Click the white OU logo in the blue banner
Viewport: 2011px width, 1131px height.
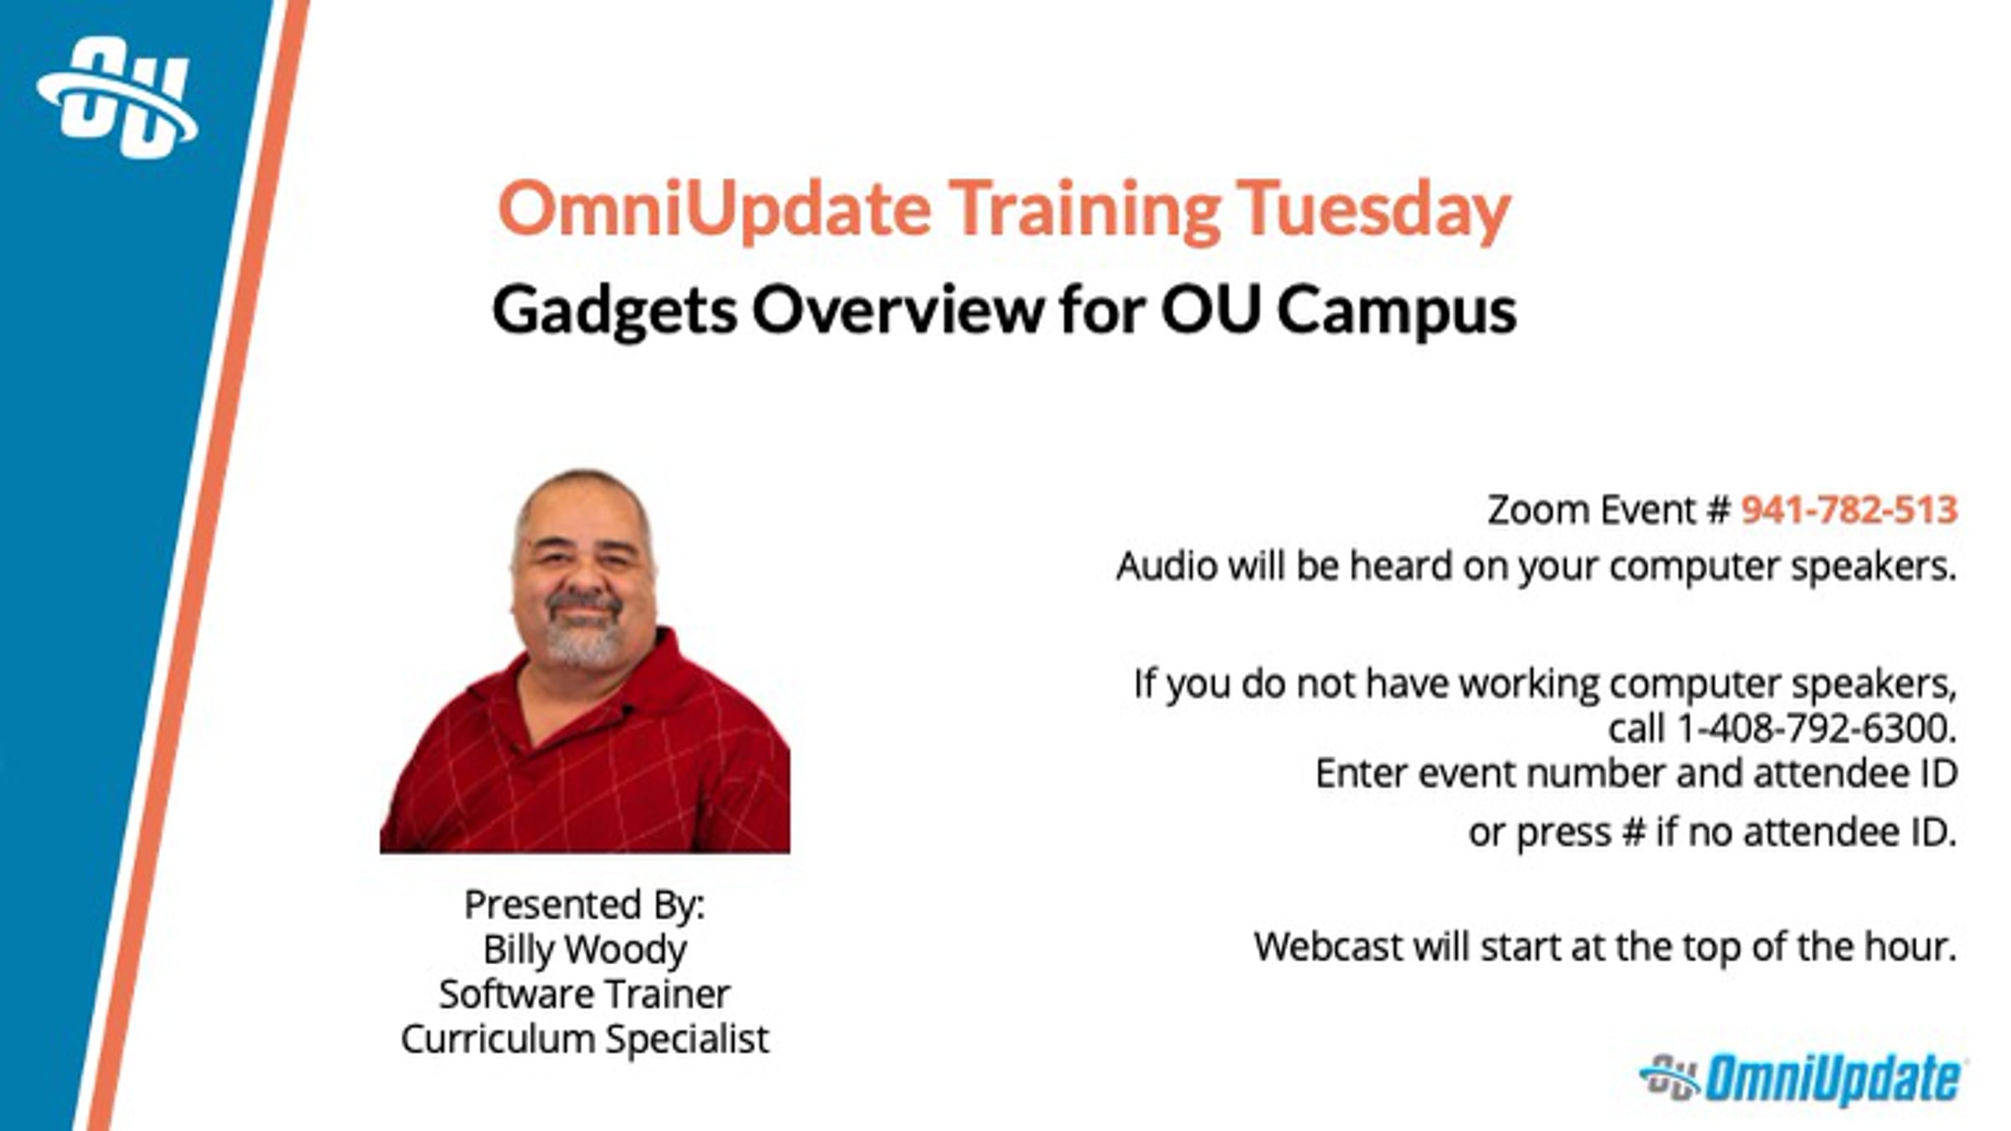[x=117, y=98]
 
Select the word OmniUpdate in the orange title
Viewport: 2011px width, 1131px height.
[x=714, y=209]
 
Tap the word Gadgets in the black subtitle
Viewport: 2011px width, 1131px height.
[x=614, y=311]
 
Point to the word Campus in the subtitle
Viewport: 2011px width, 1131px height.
[x=1396, y=311]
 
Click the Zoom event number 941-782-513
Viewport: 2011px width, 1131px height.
[x=1848, y=509]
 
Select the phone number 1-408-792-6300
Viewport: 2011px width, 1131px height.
[x=1815, y=728]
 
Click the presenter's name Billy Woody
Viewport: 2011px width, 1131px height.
[x=585, y=950]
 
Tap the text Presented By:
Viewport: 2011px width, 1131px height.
[x=585, y=905]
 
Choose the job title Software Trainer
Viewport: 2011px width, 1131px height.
[x=585, y=994]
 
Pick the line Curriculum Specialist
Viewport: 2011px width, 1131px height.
[x=585, y=1040]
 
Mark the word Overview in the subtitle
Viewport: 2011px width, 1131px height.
[x=897, y=311]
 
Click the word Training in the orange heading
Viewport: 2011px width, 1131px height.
[x=1084, y=209]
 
